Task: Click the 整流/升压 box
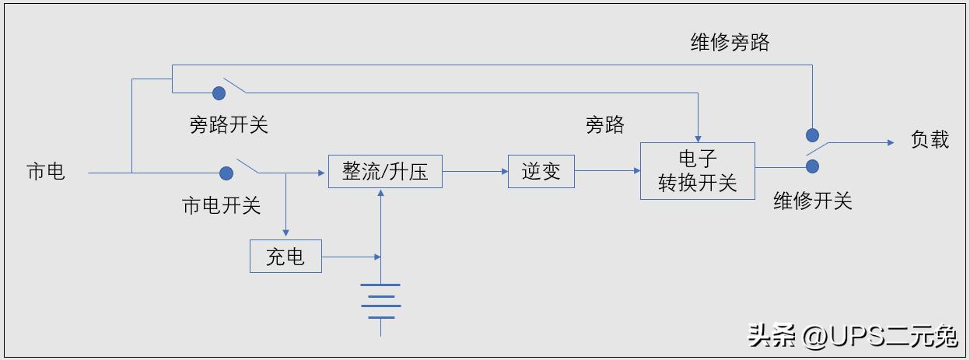[x=385, y=171]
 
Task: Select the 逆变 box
[x=541, y=171]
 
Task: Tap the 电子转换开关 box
[x=697, y=171]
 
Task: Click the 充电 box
[x=285, y=256]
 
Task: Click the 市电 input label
[x=46, y=172]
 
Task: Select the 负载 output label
[x=930, y=140]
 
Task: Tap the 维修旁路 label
[x=730, y=43]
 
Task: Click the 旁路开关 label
[x=229, y=124]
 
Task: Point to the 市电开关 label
[x=221, y=205]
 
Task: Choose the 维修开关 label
[x=812, y=201]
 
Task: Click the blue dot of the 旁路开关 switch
[x=219, y=93]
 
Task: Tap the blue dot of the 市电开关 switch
[x=226, y=173]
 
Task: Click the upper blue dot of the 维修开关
[x=812, y=135]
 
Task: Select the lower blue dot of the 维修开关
[x=812, y=166]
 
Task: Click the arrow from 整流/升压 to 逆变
[x=474, y=171]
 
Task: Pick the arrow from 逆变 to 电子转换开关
[x=607, y=171]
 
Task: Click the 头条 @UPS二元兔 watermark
[x=853, y=336]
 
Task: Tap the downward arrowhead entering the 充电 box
[x=285, y=232]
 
